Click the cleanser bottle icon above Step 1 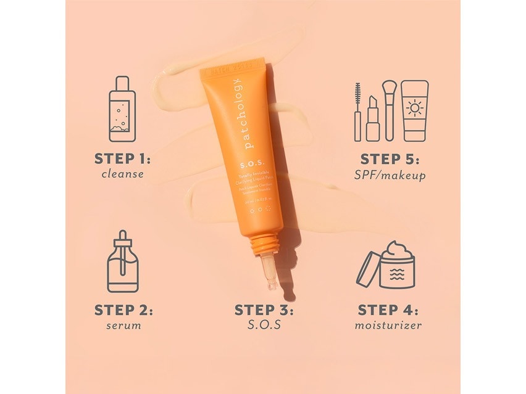[122, 109]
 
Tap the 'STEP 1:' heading [123, 158]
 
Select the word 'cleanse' [123, 174]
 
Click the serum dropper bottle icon [123, 261]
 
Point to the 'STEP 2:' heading [123, 310]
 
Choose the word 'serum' [123, 326]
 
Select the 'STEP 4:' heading [388, 310]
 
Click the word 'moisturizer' [388, 326]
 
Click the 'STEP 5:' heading [390, 159]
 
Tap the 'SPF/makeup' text [390, 176]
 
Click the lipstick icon [372, 118]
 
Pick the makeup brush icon [388, 110]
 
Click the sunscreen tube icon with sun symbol [414, 110]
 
